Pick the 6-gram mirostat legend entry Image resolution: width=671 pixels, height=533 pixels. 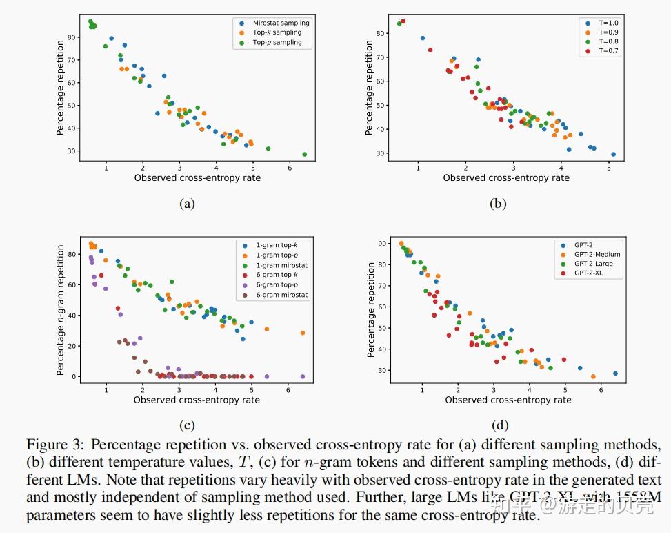click(281, 295)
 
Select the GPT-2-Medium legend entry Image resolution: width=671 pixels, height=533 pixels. click(597, 254)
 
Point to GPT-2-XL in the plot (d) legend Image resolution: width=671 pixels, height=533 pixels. click(590, 273)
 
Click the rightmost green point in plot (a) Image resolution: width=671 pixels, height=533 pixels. click(304, 155)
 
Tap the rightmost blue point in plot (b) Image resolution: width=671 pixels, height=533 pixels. click(613, 155)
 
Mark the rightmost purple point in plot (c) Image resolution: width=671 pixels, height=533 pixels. click(303, 376)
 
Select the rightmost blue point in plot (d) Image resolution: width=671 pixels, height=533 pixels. click(615, 374)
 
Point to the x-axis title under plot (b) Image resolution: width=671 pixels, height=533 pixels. click(506, 178)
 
